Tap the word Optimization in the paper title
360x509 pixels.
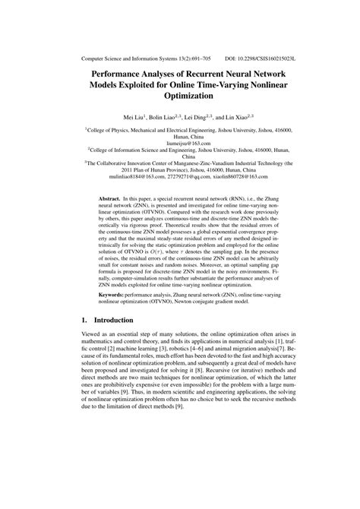coord(179,97)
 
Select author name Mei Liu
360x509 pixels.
coord(127,118)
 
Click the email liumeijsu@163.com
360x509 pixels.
coord(179,142)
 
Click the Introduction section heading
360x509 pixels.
coord(128,341)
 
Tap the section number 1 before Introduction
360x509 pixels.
coord(85,341)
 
